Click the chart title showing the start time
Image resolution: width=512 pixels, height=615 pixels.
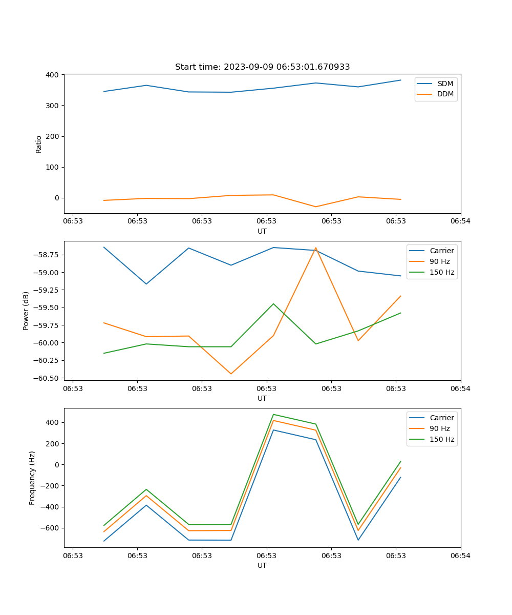tap(262, 67)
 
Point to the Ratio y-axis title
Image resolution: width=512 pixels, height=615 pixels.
tap(39, 144)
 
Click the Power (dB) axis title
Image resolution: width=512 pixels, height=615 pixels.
tap(26, 311)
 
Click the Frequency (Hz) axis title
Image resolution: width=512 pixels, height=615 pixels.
tap(32, 478)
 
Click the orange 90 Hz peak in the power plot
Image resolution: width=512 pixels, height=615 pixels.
tap(315, 248)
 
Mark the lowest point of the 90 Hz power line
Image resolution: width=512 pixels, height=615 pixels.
tap(231, 374)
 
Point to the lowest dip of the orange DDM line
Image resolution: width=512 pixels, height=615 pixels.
tap(315, 207)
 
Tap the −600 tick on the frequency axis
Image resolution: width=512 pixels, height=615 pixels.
tap(51, 528)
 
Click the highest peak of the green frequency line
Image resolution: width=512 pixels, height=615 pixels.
tap(273, 414)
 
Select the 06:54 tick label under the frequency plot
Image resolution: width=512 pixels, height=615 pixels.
tap(460, 555)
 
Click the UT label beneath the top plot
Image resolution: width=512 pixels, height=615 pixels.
tap(262, 231)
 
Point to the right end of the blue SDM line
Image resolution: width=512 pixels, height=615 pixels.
tap(400, 80)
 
